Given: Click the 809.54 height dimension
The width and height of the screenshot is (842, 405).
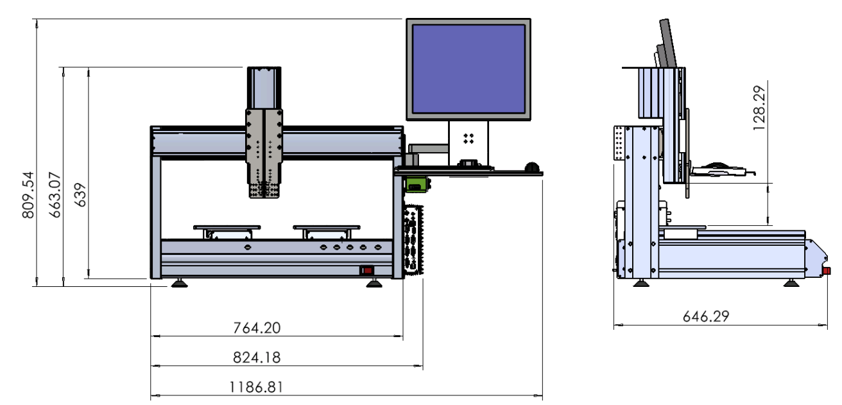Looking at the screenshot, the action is coord(28,195).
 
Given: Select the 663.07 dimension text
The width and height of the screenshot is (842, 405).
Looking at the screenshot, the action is coord(55,195).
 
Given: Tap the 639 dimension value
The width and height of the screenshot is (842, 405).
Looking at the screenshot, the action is coord(80,194).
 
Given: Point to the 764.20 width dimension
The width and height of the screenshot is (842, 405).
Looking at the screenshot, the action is coord(257,328).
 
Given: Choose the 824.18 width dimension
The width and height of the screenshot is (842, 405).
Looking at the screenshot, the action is coord(257,358).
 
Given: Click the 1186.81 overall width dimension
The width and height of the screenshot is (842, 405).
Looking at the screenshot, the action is coord(256,387).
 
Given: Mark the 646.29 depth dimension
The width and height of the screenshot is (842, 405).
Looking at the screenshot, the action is coord(706,316).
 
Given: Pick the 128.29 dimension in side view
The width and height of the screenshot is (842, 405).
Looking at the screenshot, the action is coord(759,108).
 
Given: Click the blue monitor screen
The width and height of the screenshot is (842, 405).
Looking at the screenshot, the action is coord(468,69).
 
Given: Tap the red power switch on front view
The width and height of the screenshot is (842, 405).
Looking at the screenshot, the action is coord(367,270).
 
